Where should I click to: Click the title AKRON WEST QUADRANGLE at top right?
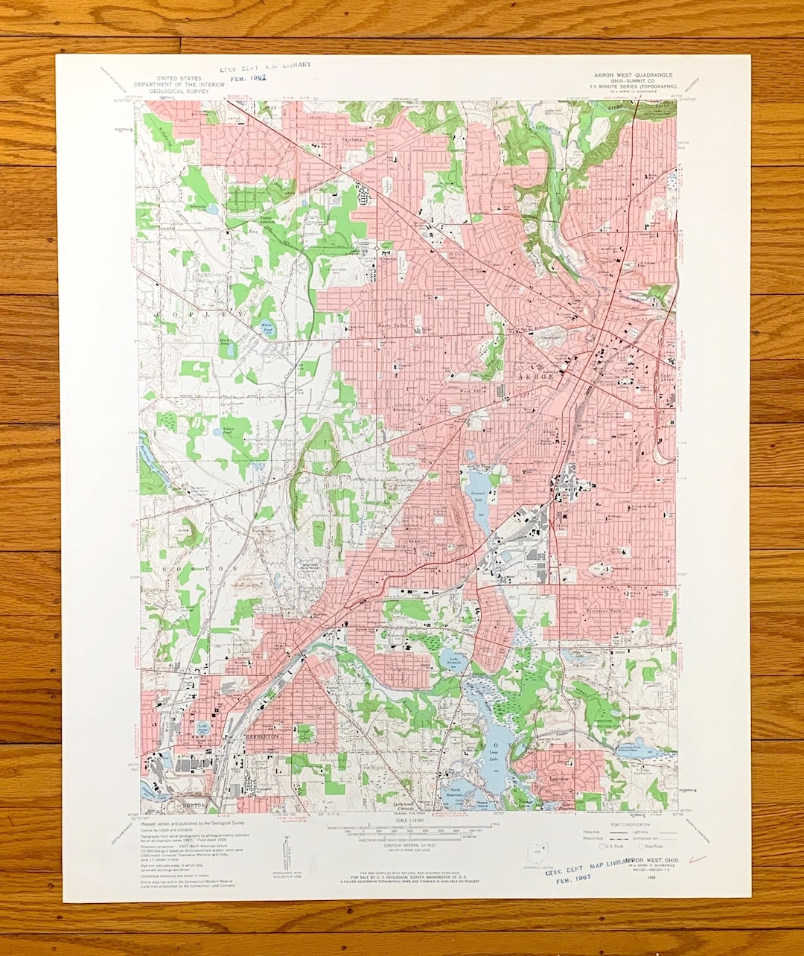coord(632,75)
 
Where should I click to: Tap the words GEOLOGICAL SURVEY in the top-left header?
coord(167,92)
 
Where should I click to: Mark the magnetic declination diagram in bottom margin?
coord(285,849)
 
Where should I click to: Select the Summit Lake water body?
coord(477,491)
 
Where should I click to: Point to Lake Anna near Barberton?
coord(202,729)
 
